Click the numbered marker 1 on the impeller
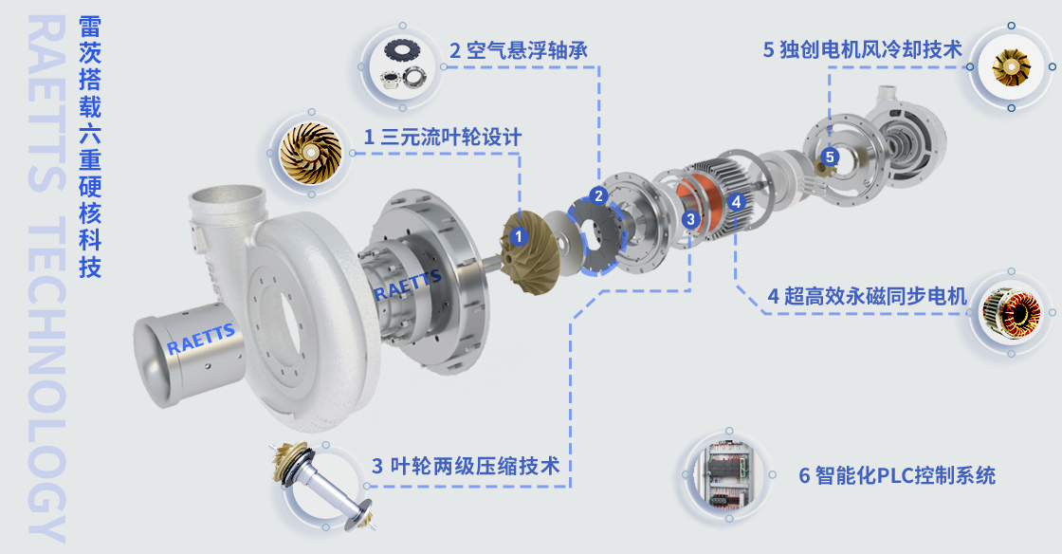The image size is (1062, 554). click(517, 235)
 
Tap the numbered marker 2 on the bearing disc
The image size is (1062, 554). click(597, 196)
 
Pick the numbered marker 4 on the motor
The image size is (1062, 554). click(737, 201)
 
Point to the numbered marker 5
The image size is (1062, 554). click(830, 157)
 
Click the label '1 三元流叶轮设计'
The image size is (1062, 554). click(443, 137)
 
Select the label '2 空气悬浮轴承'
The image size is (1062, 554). click(518, 50)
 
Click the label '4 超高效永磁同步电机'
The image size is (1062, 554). click(867, 296)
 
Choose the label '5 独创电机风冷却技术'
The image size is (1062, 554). click(862, 49)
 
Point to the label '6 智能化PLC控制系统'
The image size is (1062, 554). click(897, 475)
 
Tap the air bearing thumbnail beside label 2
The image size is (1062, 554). click(403, 65)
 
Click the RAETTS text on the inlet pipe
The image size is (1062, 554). click(201, 339)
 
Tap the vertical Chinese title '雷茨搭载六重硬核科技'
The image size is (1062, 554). click(89, 147)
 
